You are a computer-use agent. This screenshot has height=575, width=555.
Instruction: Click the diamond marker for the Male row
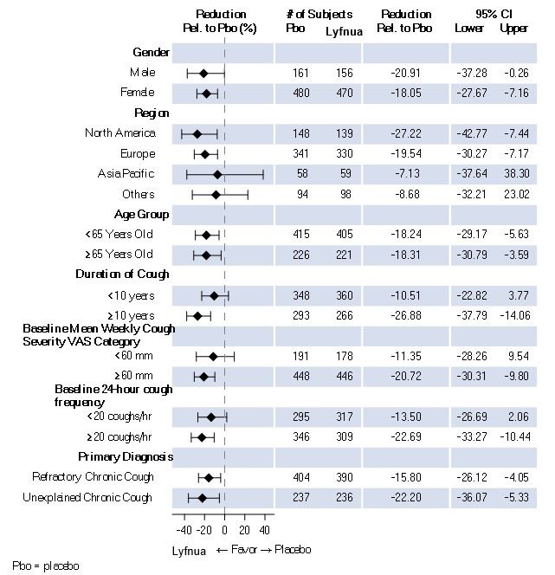203,74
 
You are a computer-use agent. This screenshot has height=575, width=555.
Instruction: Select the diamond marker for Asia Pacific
217,174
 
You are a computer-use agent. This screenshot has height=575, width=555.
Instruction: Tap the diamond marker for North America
197,134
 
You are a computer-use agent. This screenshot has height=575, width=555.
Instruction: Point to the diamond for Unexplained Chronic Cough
203,498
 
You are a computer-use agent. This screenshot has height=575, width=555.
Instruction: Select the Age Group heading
141,214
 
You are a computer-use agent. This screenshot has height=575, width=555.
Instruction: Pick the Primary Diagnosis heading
126,456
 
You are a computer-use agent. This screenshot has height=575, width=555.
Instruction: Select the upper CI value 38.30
514,174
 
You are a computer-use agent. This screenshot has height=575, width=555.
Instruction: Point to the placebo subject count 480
300,93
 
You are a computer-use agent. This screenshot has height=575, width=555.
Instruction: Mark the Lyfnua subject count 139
344,134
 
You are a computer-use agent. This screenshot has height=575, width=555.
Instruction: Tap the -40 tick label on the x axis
184,531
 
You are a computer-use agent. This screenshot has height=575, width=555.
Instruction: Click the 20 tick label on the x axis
245,531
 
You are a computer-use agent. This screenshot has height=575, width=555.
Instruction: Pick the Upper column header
514,29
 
